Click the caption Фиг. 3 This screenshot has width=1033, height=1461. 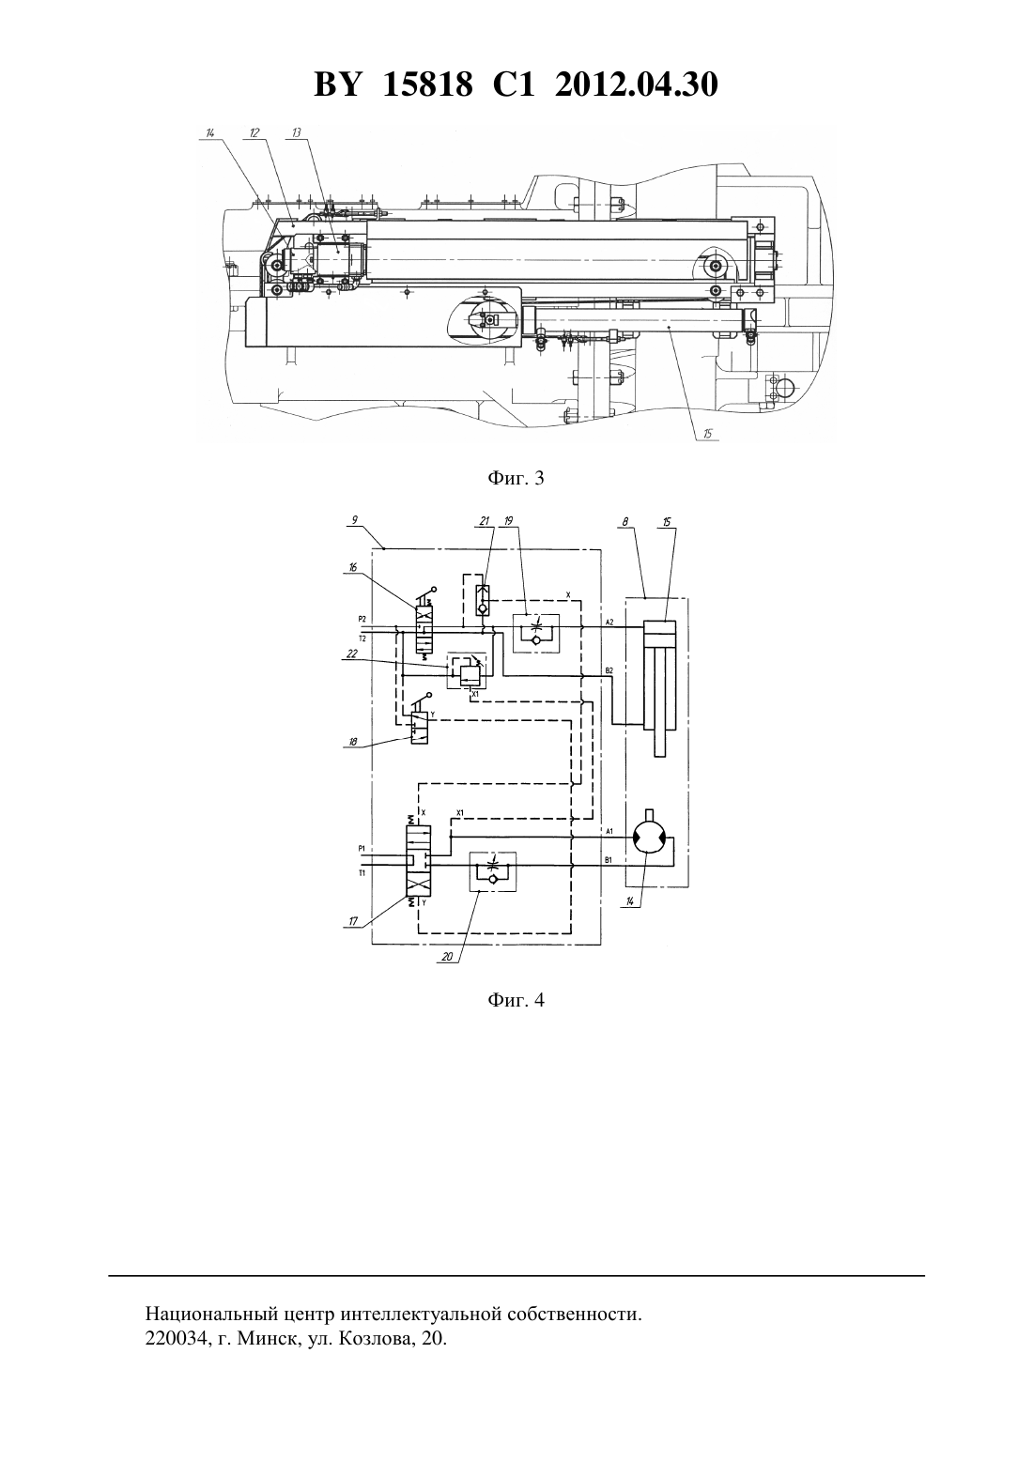[x=516, y=479]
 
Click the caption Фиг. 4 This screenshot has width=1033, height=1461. [x=516, y=1000]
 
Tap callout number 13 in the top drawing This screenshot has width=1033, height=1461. [x=297, y=132]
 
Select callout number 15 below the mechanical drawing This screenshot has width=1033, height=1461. [x=709, y=433]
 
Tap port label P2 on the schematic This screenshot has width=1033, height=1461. [x=362, y=618]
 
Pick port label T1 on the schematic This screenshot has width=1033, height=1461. [x=362, y=872]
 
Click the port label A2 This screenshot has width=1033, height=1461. [x=609, y=623]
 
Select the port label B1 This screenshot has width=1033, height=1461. [x=609, y=860]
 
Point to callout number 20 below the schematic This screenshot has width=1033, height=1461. [x=447, y=957]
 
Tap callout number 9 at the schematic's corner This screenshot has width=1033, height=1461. [x=354, y=520]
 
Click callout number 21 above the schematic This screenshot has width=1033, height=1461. [x=484, y=520]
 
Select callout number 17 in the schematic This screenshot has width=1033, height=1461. [x=353, y=921]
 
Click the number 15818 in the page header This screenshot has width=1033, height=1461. [x=427, y=85]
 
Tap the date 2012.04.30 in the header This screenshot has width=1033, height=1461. [x=637, y=85]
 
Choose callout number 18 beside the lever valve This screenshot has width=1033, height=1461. [x=353, y=742]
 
